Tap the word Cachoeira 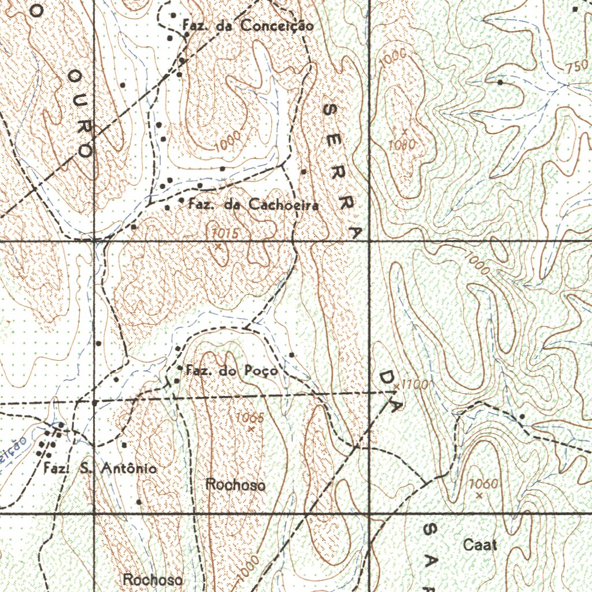283,205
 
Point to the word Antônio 128,469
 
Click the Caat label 480,545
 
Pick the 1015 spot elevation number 224,233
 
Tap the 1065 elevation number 250,418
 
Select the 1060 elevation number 483,483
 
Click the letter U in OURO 79,101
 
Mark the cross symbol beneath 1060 479,495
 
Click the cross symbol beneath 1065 251,429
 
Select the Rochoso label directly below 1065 236,485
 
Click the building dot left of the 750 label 500,82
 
